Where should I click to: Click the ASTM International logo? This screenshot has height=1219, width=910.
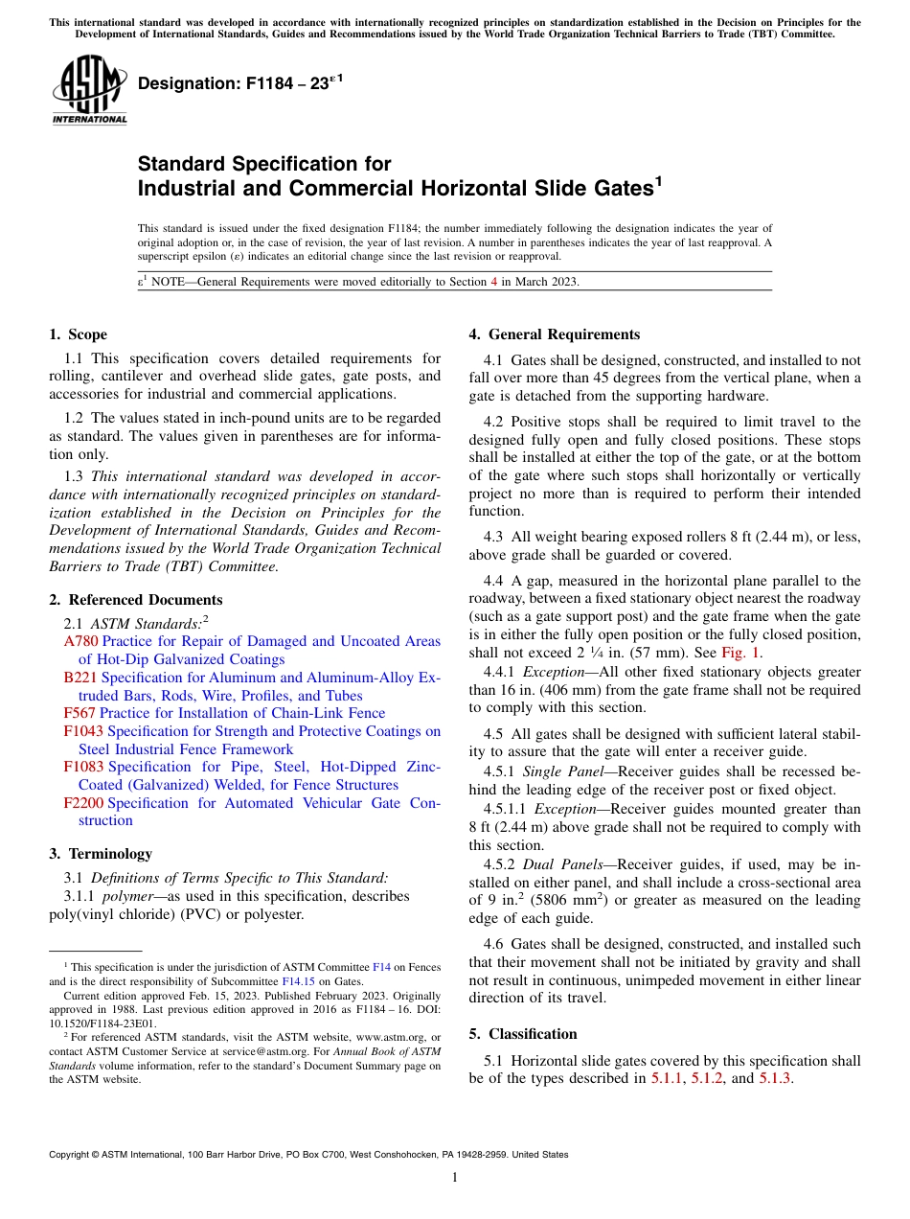[89, 90]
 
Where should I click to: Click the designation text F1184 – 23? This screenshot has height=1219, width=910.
[236, 84]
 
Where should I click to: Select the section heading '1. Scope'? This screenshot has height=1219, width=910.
[78, 334]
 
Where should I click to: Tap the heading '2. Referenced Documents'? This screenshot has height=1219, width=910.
[135, 600]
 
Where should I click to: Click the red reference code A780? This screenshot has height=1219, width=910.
[80, 641]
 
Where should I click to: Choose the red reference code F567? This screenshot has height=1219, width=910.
[80, 713]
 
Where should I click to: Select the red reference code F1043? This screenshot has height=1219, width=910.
[83, 731]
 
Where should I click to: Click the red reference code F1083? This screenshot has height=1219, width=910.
[83, 767]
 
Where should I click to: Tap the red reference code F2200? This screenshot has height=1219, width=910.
[83, 803]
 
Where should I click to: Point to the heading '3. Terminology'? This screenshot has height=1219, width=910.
[100, 853]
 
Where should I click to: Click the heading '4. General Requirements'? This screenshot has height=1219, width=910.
[554, 334]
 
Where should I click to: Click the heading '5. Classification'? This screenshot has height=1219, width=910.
[523, 1034]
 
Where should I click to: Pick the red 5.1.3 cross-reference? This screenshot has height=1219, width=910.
[775, 1078]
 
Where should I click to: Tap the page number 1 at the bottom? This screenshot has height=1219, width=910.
[455, 1178]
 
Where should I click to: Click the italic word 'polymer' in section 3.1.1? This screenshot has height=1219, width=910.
[126, 896]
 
